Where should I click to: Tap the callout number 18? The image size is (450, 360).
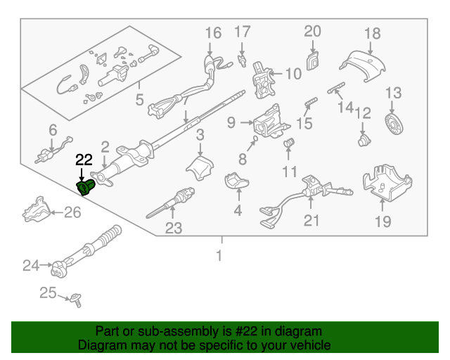[372, 33]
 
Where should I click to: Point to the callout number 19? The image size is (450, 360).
[382, 223]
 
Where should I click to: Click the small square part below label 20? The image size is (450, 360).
[311, 60]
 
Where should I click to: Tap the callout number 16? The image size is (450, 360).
[213, 32]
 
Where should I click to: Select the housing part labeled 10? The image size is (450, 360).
[263, 77]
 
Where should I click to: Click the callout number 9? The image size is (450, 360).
[231, 124]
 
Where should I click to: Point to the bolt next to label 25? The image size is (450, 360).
[75, 301]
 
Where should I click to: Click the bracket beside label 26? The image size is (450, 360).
[38, 210]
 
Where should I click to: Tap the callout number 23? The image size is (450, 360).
[173, 227]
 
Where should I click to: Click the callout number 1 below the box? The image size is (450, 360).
[219, 256]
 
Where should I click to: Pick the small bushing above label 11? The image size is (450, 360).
[288, 144]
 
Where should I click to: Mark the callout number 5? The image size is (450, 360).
[139, 99]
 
